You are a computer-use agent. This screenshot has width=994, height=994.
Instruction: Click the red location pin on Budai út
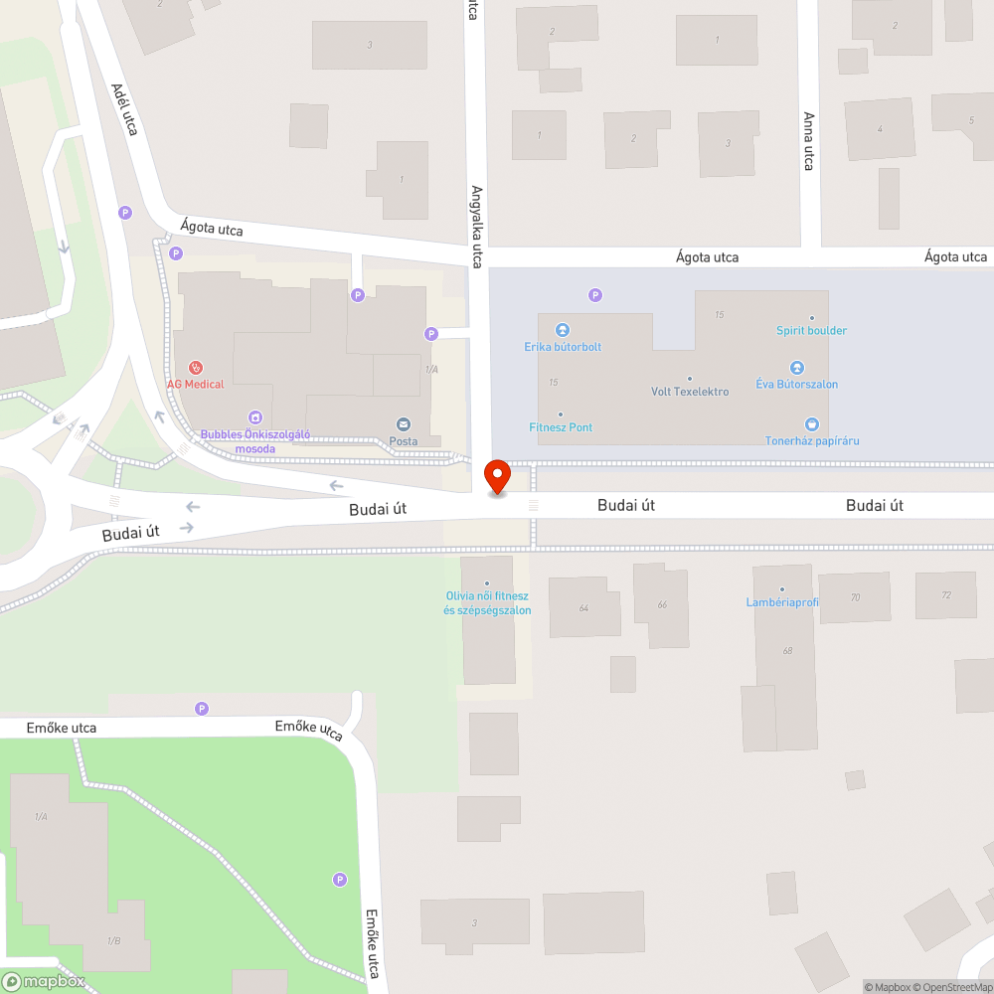(x=496, y=476)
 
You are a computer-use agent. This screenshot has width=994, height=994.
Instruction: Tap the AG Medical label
(x=196, y=384)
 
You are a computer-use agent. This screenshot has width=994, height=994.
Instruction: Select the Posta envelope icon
(x=404, y=424)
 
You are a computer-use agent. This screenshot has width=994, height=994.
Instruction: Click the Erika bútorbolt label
(x=563, y=347)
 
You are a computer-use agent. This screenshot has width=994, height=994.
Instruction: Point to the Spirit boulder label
(x=811, y=330)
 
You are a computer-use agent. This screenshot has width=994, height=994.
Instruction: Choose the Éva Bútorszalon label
(x=796, y=384)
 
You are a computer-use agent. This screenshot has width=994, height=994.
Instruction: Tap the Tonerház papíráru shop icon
(x=812, y=424)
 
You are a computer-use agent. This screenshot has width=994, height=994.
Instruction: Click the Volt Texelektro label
(x=690, y=392)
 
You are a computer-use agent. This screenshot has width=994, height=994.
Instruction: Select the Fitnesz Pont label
(x=561, y=427)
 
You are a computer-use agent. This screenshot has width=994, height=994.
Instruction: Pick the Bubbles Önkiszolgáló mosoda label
(x=255, y=441)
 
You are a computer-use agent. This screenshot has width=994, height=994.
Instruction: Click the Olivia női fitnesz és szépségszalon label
(x=487, y=602)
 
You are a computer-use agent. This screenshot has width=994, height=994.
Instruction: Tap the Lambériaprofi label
(x=782, y=602)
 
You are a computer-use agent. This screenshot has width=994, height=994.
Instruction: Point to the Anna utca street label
(x=808, y=140)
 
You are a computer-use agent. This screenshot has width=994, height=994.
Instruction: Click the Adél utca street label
(x=124, y=109)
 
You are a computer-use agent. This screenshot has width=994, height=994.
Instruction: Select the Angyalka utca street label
(x=476, y=227)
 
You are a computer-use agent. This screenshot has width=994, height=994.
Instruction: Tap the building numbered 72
(x=945, y=594)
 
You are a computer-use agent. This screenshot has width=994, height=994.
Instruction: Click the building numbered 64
(x=583, y=607)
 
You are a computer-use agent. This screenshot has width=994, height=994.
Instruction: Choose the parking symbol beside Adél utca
(x=125, y=212)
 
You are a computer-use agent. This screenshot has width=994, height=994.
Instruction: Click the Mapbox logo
(x=44, y=981)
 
